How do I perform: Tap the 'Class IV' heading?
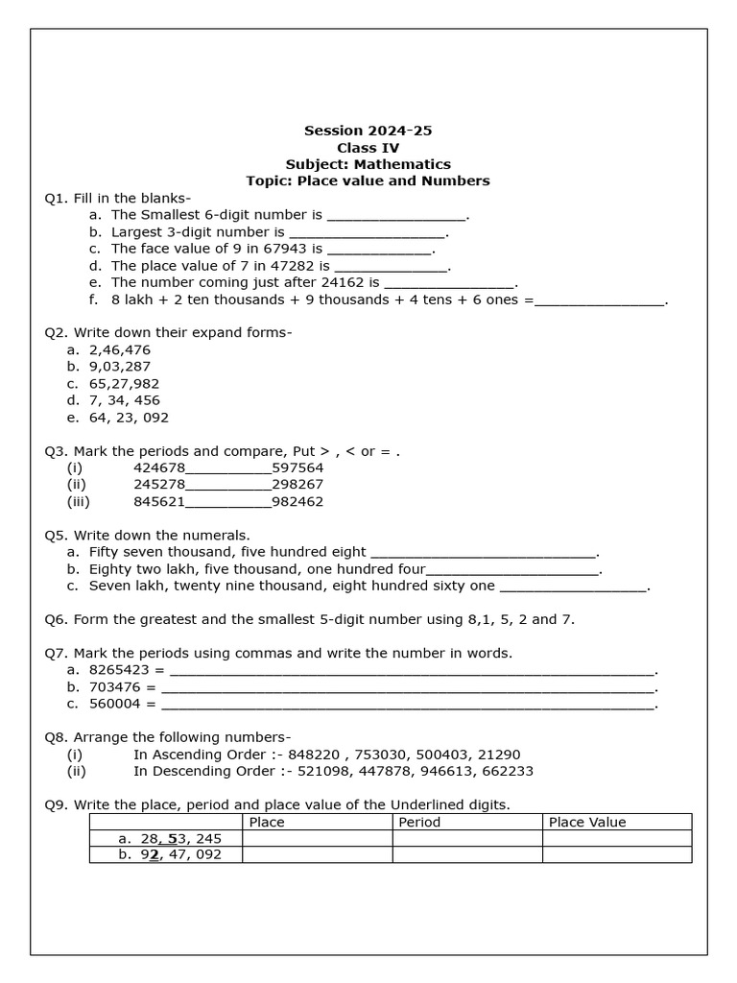pyautogui.click(x=368, y=148)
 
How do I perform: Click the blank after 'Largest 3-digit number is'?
pyautogui.click(x=367, y=232)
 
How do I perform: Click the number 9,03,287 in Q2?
pyautogui.click(x=120, y=367)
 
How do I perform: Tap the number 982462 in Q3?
pyautogui.click(x=297, y=501)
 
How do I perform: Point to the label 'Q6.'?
pyautogui.click(x=57, y=619)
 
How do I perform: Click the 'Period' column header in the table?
pyautogui.click(x=419, y=822)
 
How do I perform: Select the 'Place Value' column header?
pyautogui.click(x=587, y=822)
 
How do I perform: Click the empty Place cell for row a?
pyautogui.click(x=317, y=838)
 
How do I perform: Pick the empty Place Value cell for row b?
pyautogui.click(x=616, y=854)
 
